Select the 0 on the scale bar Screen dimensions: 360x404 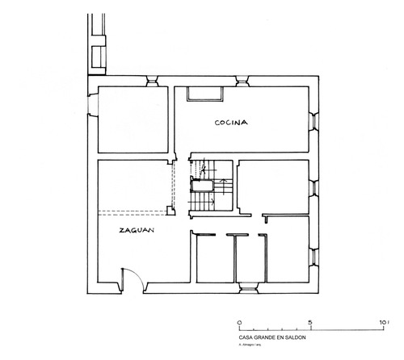point(239,321)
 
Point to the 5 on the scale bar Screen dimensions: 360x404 point(310,321)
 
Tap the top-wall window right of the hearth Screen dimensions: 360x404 point(240,81)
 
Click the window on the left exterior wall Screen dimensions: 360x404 point(90,107)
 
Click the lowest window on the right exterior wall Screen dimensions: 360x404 point(313,256)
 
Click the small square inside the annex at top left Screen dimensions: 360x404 point(99,57)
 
